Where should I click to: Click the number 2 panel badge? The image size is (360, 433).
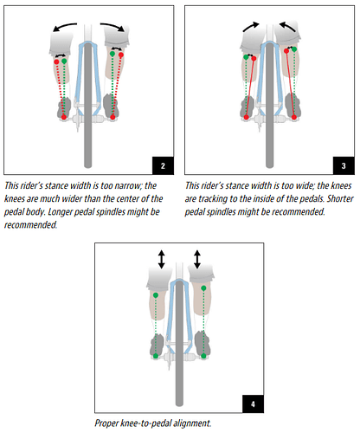click(163, 165)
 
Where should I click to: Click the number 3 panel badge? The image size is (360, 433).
click(344, 165)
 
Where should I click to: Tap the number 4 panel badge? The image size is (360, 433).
click(253, 404)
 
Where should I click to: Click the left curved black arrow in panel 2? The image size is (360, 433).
click(64, 26)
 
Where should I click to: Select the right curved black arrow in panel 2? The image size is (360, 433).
click(113, 25)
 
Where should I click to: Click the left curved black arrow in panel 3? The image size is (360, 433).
click(251, 26)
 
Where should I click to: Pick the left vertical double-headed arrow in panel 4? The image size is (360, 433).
click(161, 259)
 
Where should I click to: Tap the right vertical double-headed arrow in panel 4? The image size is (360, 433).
click(197, 259)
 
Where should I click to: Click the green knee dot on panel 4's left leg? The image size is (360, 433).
click(156, 295)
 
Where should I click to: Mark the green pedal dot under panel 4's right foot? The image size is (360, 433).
click(203, 356)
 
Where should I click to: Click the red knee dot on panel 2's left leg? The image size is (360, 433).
click(56, 61)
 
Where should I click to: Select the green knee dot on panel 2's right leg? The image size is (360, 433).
click(112, 54)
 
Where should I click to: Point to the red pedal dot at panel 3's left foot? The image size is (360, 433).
click(246, 117)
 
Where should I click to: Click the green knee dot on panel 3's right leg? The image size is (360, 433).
click(294, 49)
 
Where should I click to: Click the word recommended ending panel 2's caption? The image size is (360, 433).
click(30, 225)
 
